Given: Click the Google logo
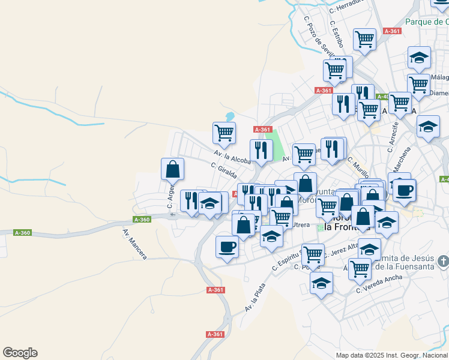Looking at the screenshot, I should coord(20,353).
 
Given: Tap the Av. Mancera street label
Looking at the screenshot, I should coord(134,244).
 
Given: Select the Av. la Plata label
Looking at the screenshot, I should coord(255,298).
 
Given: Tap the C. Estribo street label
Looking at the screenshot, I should coord(336,34).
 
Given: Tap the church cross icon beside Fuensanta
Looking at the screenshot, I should coord(443,262).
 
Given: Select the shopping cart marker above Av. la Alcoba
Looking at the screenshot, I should coord(224,133).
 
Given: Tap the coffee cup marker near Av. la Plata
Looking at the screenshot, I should coord(227,247).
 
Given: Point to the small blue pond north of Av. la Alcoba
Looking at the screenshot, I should coord(230,116).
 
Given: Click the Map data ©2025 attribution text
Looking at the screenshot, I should coord(392,355).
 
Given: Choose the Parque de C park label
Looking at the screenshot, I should coord(427,22).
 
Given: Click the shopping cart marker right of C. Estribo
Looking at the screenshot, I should coord(364,39).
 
